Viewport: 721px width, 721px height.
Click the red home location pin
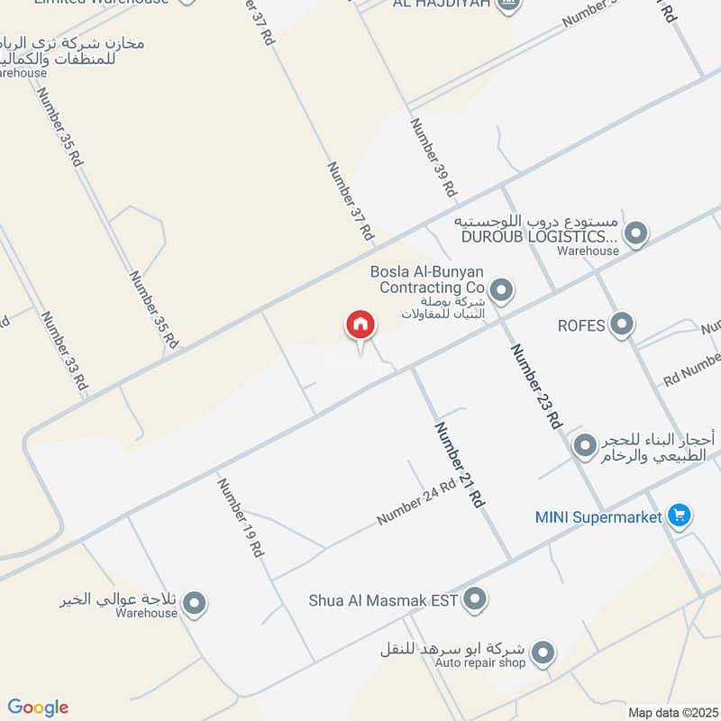tap(360, 325)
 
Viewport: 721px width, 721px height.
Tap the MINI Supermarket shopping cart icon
tap(680, 516)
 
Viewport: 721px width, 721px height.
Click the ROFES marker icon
tap(622, 324)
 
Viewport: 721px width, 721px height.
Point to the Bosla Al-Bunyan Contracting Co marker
tap(503, 290)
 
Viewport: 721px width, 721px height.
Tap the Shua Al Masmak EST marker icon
tap(477, 599)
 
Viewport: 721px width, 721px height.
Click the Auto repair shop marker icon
tap(542, 652)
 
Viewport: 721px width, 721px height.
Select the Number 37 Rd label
tap(350, 200)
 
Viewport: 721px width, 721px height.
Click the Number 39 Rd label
tap(433, 158)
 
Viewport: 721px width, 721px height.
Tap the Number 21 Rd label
tap(461, 463)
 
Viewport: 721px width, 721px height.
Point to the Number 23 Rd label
tap(535, 386)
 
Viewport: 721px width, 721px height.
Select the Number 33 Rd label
tap(63, 351)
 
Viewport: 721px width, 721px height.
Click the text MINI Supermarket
tap(599, 517)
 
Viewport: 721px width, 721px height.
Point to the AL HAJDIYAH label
tap(441, 4)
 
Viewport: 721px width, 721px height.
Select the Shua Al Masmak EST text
tap(384, 599)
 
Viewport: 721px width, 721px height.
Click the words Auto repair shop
tap(480, 663)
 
